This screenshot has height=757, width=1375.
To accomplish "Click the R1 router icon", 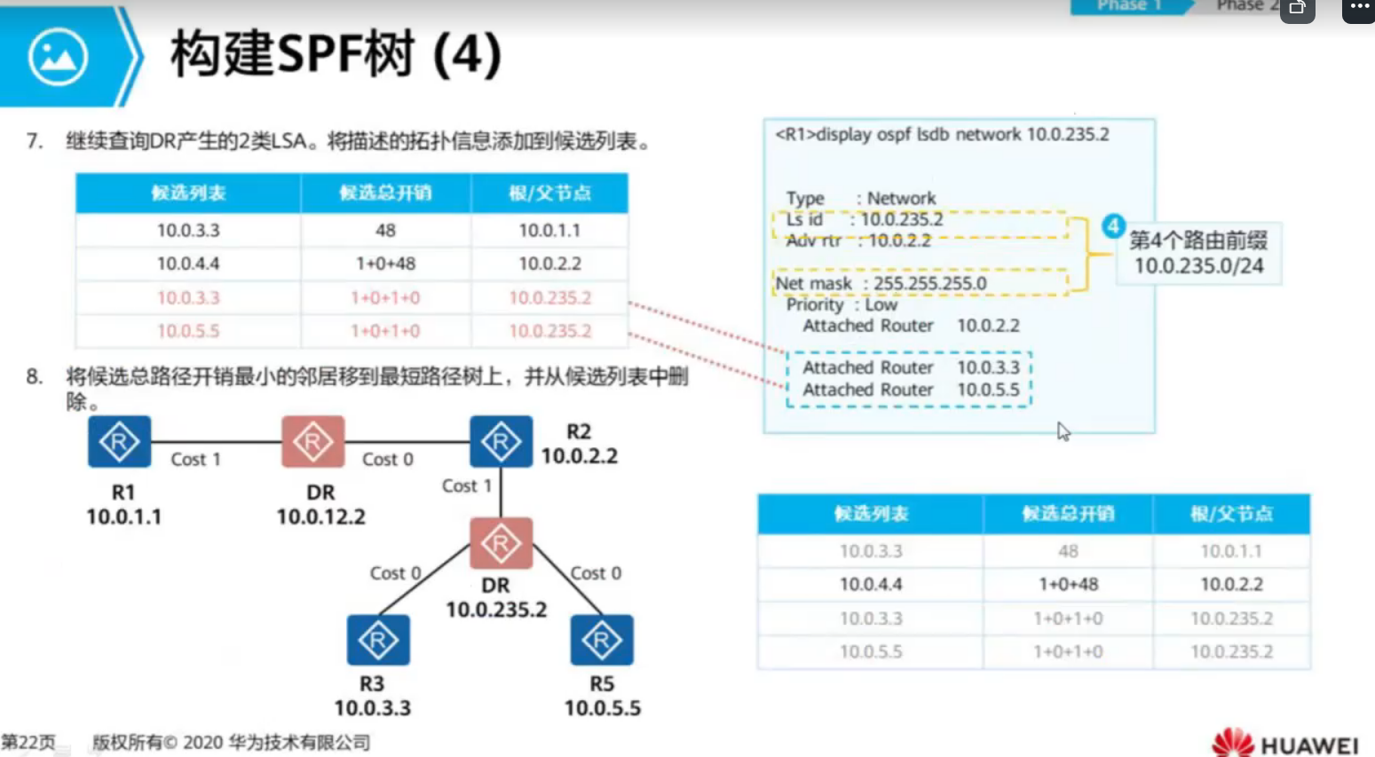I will tap(119, 442).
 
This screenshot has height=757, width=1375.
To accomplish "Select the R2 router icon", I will tap(501, 442).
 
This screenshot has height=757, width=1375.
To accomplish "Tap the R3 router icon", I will tap(378, 640).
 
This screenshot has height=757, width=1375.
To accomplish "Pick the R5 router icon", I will tap(602, 640).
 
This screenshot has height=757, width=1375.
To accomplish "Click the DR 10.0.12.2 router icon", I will tap(312, 442).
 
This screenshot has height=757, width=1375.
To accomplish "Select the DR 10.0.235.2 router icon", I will tap(501, 543).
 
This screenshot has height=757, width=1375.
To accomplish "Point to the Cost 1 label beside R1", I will tap(195, 459).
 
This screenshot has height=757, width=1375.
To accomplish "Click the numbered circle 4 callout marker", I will tap(1113, 226).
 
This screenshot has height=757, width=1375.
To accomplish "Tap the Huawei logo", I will tap(1284, 743).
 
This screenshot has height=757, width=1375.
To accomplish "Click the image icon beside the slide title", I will tap(58, 57).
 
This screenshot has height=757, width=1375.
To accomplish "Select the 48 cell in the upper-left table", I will tap(385, 231).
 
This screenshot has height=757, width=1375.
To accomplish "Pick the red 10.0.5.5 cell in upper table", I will tap(188, 331).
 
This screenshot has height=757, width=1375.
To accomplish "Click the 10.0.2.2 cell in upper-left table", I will tap(549, 264).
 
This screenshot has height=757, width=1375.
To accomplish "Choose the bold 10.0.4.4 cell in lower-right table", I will tap(870, 584).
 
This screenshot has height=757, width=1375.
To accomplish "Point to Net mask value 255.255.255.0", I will tap(929, 283).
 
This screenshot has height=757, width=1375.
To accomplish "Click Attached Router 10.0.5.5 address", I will tap(988, 390).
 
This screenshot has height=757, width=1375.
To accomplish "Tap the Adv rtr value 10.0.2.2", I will tap(899, 241).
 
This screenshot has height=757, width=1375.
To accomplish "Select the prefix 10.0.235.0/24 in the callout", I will tap(1198, 265).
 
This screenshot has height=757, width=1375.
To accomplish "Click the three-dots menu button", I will tap(1359, 8).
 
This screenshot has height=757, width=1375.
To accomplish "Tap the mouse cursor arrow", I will tap(1063, 431).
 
